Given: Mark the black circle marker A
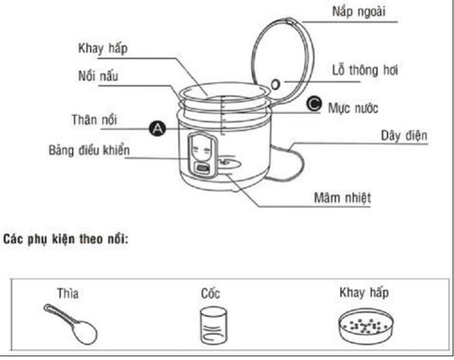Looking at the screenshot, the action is click(157, 129).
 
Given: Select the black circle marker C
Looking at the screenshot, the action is click(314, 106).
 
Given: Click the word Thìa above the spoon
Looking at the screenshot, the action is click(67, 292).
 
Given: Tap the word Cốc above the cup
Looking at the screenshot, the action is click(212, 293).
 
